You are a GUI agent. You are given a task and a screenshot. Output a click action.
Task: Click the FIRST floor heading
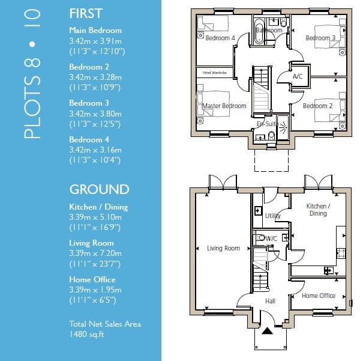pyautogui.click(x=86, y=13)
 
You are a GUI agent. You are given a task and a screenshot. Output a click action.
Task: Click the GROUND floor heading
pyautogui.click(x=100, y=189)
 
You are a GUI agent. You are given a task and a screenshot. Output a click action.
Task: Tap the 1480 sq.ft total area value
pyautogui.click(x=87, y=334)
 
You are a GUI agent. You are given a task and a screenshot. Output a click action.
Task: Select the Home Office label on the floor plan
pyautogui.click(x=319, y=296)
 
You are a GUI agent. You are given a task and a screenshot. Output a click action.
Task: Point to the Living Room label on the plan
pyautogui.click(x=223, y=248)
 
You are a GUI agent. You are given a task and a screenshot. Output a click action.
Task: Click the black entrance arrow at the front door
pyautogui.click(x=267, y=330)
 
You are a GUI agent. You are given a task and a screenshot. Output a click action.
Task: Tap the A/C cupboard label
pyautogui.click(x=298, y=76)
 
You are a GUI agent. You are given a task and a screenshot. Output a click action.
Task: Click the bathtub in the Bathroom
pyautogui.click(x=259, y=31)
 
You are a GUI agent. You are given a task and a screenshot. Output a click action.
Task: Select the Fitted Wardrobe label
pyautogui.click(x=215, y=73)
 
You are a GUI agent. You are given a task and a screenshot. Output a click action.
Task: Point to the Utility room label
pyautogui.click(x=273, y=216)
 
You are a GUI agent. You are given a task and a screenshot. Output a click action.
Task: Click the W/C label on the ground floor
pyautogui.click(x=271, y=238)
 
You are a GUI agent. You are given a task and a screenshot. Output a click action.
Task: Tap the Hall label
pyautogui.click(x=270, y=301)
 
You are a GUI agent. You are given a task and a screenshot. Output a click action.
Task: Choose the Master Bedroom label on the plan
pyautogui.click(x=224, y=106)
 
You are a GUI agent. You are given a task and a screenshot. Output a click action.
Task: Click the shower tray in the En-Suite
pyautogui.click(x=283, y=127)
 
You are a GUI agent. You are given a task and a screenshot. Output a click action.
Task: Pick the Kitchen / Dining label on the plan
pyautogui.click(x=318, y=210)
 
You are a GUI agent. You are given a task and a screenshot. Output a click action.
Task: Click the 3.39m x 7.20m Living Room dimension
pyautogui.click(x=95, y=253)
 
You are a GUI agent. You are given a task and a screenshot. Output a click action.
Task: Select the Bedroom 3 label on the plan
pyautogui.click(x=320, y=38)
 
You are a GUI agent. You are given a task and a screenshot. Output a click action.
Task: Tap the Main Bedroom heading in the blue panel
pyautogui.click(x=95, y=31)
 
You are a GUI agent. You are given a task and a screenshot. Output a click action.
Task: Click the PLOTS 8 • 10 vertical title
pyautogui.click(x=32, y=74)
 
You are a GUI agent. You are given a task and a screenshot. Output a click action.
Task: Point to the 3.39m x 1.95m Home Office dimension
pyautogui.click(x=95, y=290)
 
